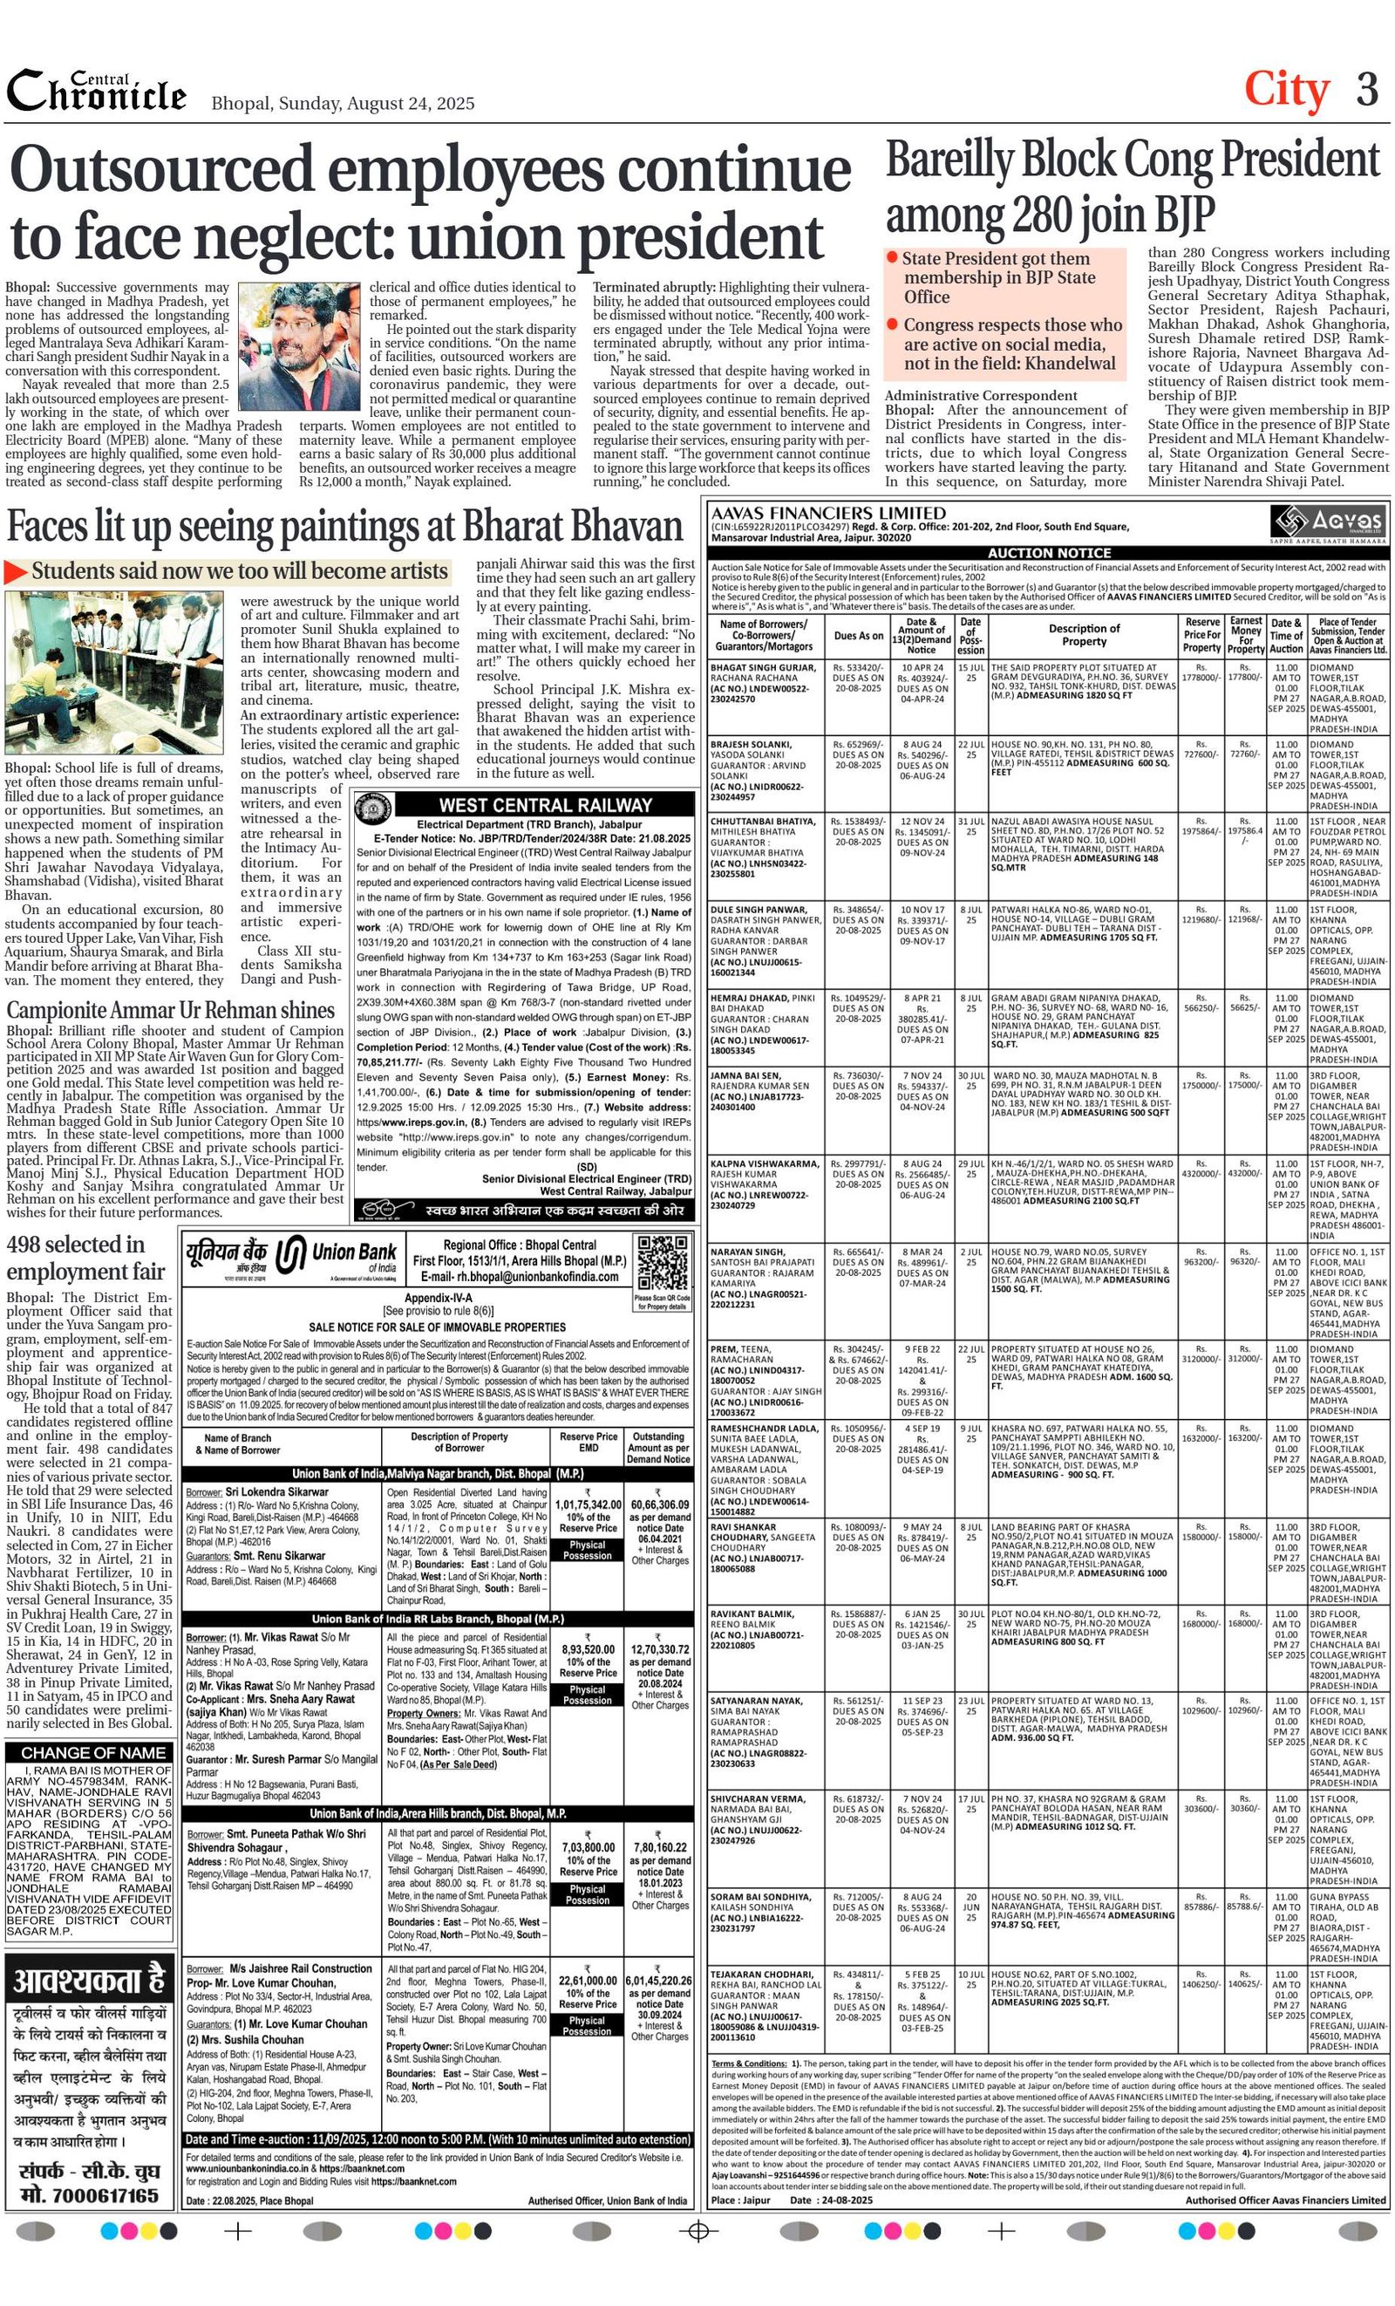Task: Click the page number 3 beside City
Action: pos(1367,91)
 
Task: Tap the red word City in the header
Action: pos(1285,91)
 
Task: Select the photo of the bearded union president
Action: pos(298,341)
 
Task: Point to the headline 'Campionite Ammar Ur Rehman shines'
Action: pos(171,1010)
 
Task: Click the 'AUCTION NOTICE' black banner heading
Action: pos(1049,553)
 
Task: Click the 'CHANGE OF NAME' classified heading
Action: pos(91,1753)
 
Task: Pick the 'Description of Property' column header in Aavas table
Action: pos(1084,635)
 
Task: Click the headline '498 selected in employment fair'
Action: pos(86,1258)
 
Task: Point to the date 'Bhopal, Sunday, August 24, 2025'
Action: pos(343,103)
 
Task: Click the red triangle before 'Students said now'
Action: pos(16,572)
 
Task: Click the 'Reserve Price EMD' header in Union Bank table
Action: pos(588,1443)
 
